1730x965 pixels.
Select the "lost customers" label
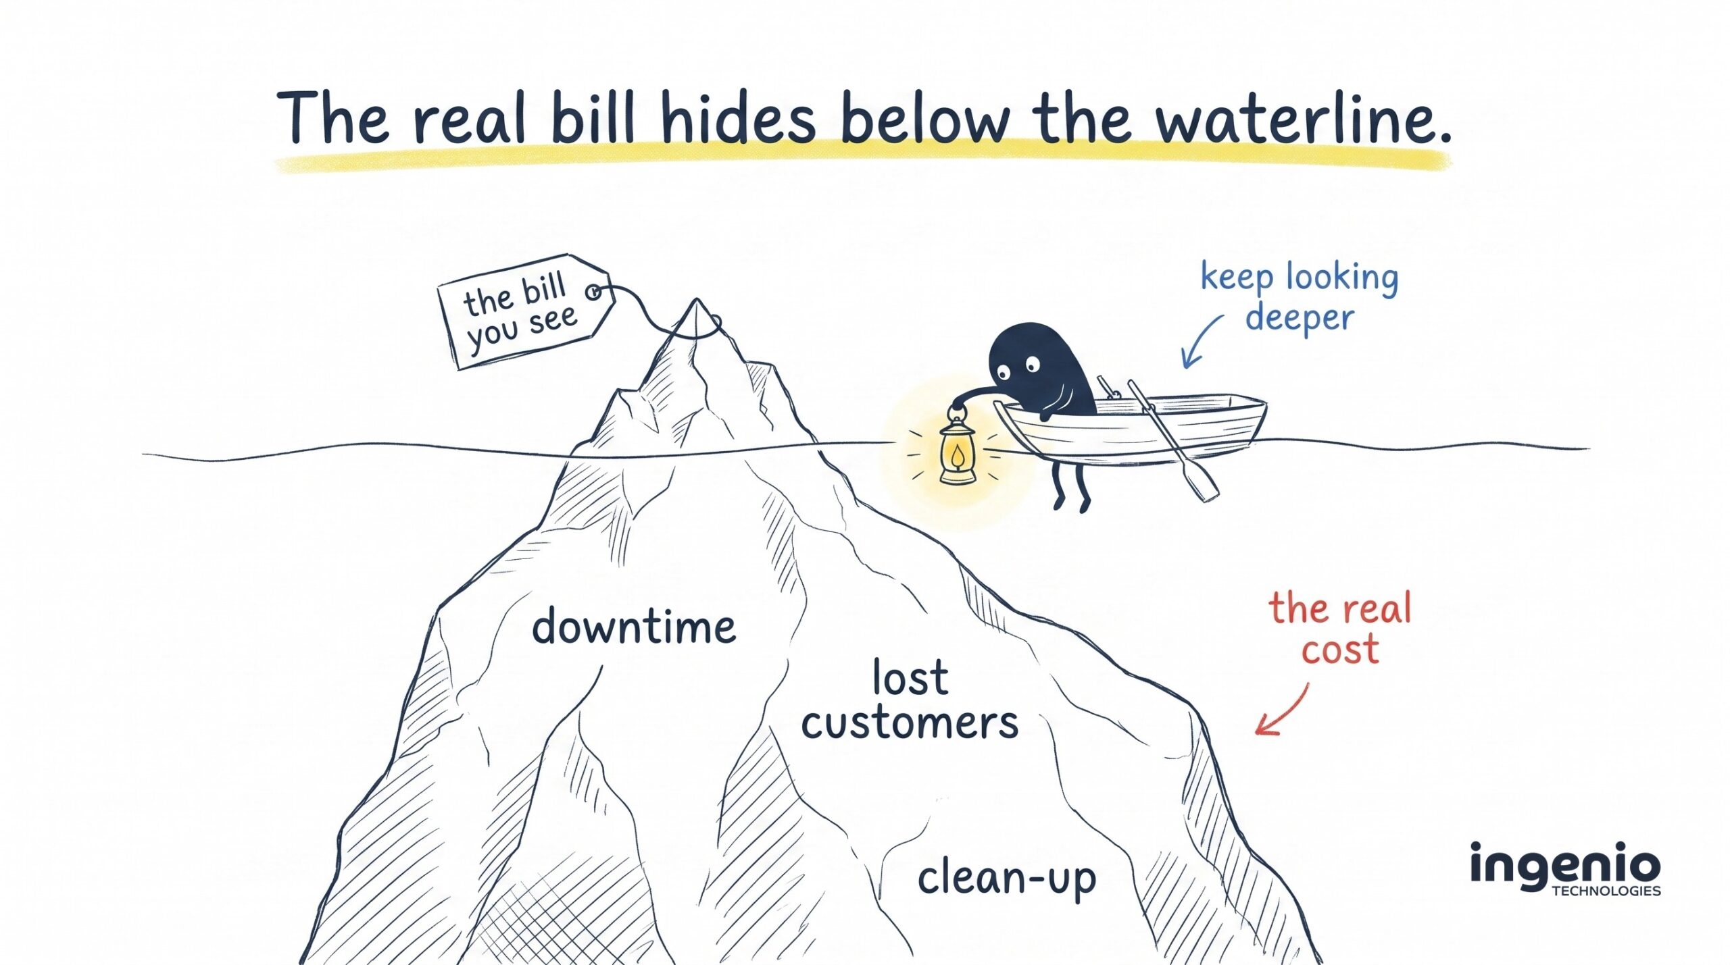click(910, 700)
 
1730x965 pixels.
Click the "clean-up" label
click(1006, 878)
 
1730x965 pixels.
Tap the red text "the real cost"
click(1341, 627)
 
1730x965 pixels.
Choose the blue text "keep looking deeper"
click(1299, 297)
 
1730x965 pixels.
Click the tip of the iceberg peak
click(696, 299)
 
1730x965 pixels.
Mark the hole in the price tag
click(593, 292)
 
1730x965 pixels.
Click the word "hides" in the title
click(739, 118)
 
